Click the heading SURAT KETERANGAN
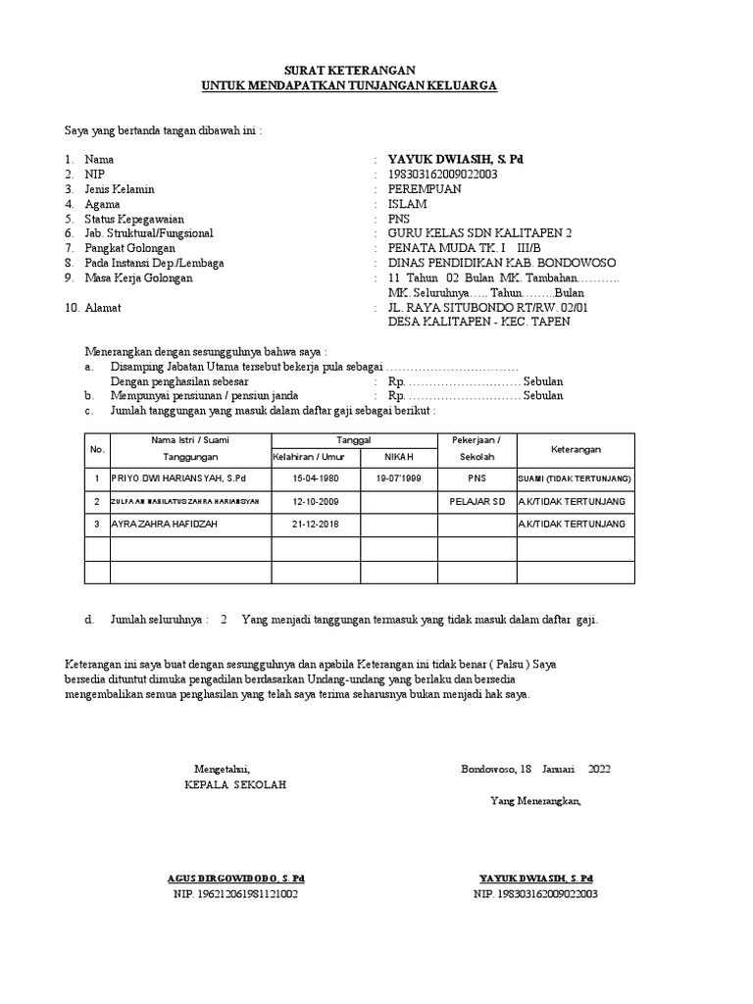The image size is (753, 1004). click(x=349, y=71)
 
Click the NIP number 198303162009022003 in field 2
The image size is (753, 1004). click(x=443, y=175)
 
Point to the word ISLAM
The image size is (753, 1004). click(x=408, y=204)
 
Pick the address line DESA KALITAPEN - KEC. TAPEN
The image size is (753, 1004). click(x=478, y=322)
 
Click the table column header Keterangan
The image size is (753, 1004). click(x=576, y=449)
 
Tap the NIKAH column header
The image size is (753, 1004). click(x=399, y=458)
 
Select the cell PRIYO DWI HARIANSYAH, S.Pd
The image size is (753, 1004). click(x=178, y=478)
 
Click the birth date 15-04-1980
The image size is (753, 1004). click(x=315, y=478)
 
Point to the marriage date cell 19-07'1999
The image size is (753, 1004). click(x=398, y=478)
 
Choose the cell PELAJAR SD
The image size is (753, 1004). click(x=477, y=502)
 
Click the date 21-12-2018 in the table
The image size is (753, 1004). click(x=315, y=525)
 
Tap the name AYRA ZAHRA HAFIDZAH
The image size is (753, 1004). click(x=164, y=525)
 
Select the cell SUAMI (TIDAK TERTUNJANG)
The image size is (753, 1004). click(x=575, y=478)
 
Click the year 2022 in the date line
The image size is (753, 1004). click(x=599, y=769)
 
